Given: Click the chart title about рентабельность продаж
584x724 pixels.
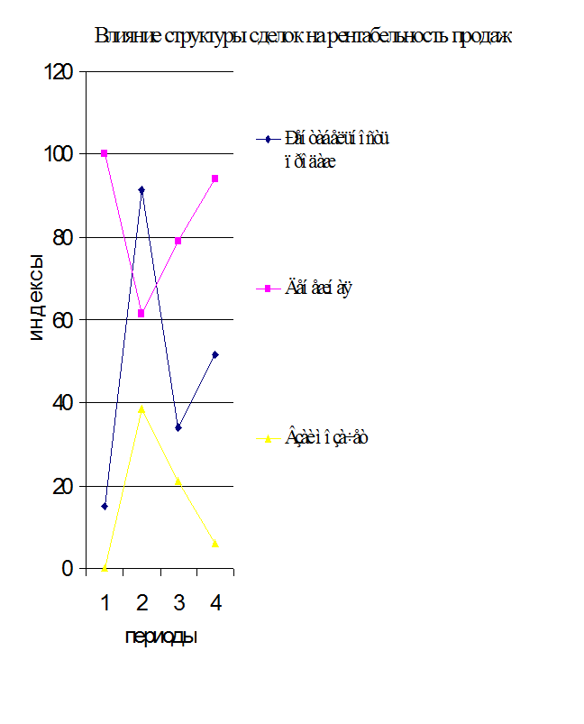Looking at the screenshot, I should [x=303, y=37].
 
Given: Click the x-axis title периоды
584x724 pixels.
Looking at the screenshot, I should [x=160, y=637].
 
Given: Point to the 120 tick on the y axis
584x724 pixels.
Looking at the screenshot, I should [x=57, y=71].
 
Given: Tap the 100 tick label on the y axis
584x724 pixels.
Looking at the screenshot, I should [x=57, y=154].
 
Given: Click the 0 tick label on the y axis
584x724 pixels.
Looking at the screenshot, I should [x=67, y=569].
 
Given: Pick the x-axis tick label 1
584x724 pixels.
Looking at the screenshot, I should [x=105, y=601].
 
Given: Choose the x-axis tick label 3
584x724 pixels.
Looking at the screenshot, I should [x=178, y=601].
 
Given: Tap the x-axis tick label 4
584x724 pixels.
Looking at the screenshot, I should [x=215, y=601].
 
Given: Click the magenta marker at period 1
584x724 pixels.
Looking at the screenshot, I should [x=105, y=153].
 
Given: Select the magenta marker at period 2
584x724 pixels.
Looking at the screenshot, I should [x=141, y=313].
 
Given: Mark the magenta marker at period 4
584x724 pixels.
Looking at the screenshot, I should [x=215, y=179].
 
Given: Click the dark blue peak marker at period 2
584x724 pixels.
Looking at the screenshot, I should [x=141, y=190].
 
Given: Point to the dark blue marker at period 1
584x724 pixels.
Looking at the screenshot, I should [x=105, y=506].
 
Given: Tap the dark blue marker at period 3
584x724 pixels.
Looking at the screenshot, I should [x=178, y=427].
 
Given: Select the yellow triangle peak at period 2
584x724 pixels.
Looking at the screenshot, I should [x=141, y=408].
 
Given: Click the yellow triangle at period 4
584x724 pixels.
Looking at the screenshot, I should [x=215, y=543].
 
